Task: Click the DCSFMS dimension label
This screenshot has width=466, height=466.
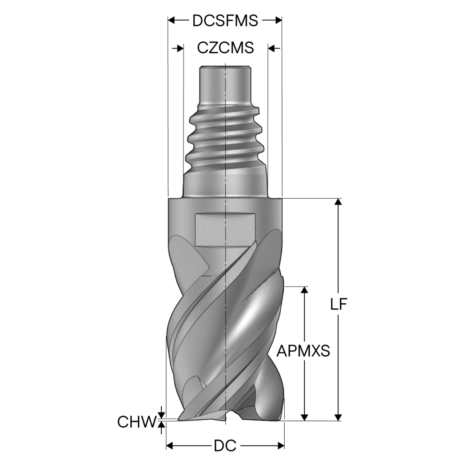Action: click(x=225, y=20)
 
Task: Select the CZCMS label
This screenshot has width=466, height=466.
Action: click(x=225, y=48)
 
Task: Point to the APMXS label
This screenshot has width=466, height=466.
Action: click(x=303, y=351)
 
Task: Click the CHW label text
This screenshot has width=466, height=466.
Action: click(x=136, y=422)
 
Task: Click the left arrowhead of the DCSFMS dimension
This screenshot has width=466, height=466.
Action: click(x=171, y=20)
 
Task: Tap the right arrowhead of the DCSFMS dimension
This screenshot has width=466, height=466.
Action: click(x=279, y=20)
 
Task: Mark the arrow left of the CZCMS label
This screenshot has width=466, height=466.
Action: click(x=178, y=48)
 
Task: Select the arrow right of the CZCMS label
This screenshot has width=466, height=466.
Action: click(x=274, y=48)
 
